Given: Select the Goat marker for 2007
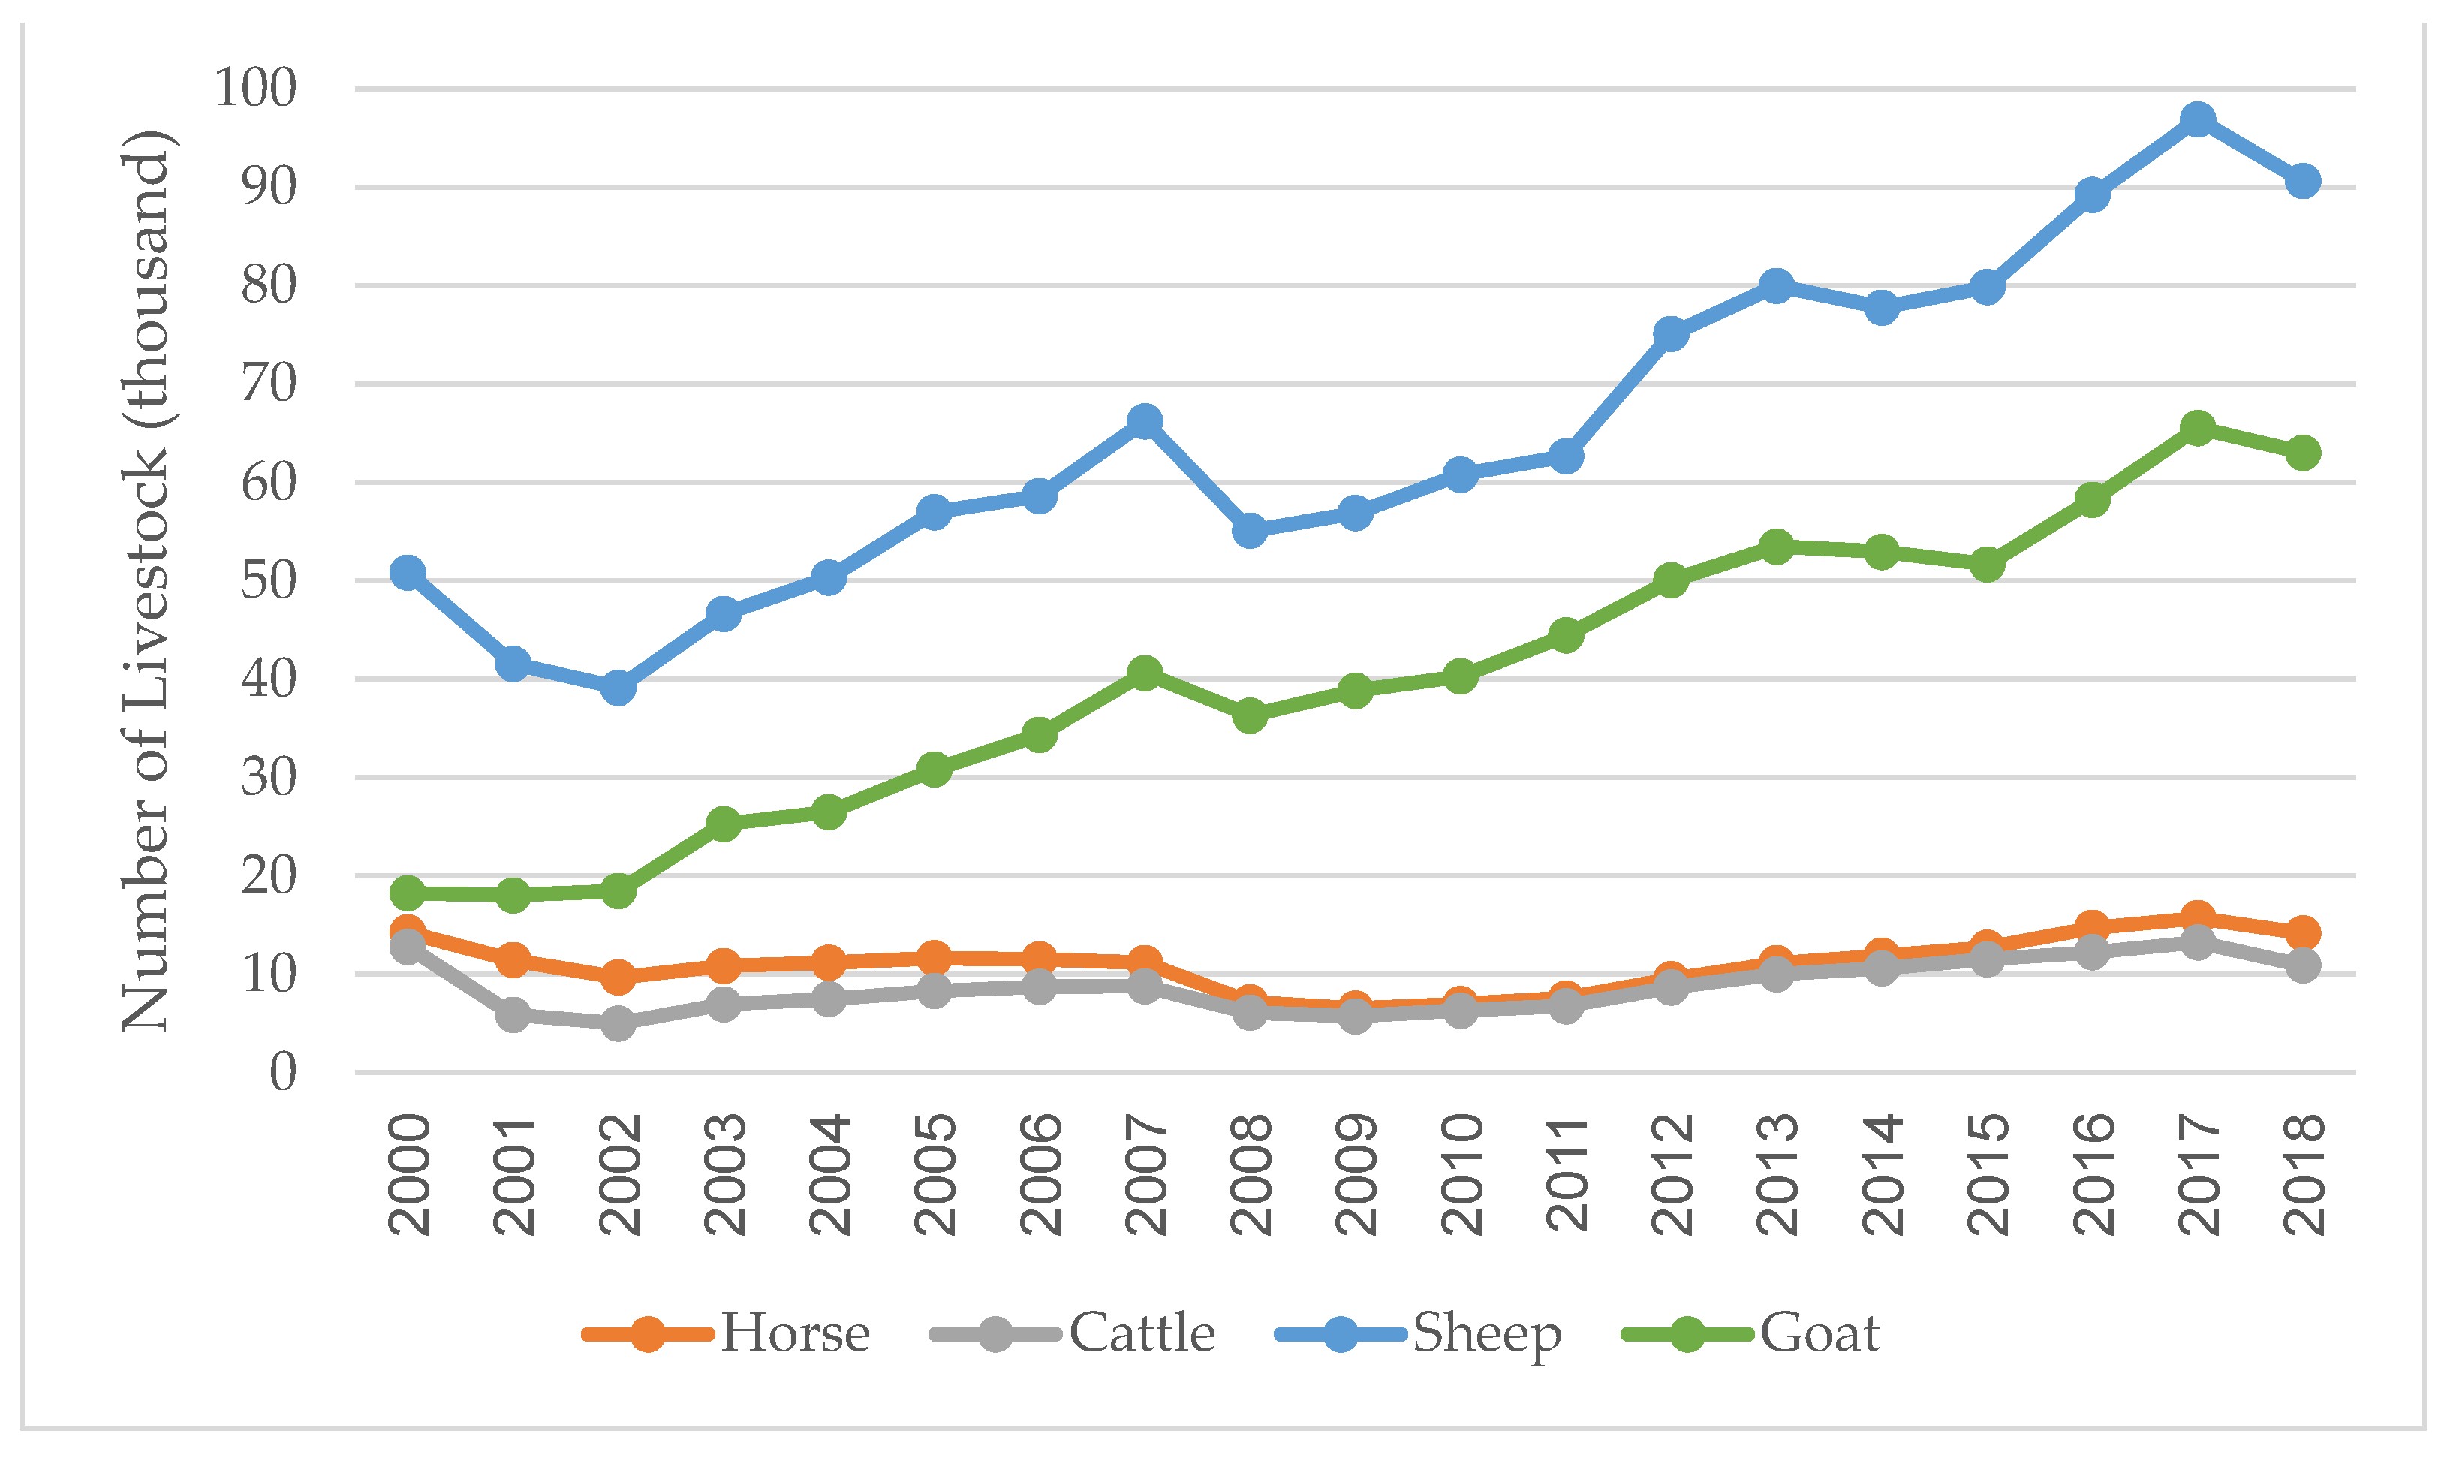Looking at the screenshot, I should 1143,673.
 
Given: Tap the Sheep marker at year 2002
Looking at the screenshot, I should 618,688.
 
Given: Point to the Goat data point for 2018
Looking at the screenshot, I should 2303,453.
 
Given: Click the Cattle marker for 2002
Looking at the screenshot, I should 618,1024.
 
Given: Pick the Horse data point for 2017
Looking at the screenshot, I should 2198,917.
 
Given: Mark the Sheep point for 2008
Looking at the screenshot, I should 1250,531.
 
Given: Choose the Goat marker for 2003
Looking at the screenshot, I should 723,824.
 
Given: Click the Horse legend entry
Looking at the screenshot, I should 793,1333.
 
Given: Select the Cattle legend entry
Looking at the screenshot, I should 1142,1333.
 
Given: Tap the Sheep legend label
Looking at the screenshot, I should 1486,1333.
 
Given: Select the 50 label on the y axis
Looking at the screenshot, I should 268,580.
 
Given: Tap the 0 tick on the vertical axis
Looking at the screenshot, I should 283,1072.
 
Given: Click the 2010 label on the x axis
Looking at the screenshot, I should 1461,1174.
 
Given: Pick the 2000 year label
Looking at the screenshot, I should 408,1174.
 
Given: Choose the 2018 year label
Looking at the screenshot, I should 2304,1174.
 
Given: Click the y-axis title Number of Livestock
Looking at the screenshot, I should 147,580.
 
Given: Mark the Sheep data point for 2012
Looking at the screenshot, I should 1671,334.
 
